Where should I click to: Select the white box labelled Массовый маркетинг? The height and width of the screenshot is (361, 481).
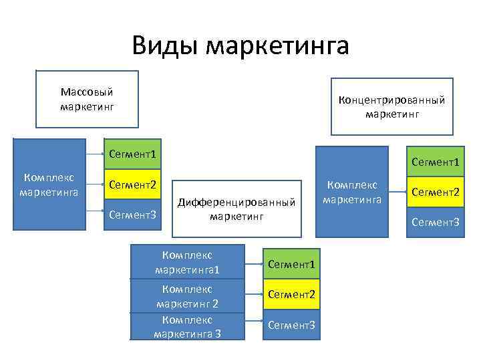[87, 98]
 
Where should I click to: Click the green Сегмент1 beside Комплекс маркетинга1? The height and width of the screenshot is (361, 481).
[291, 264]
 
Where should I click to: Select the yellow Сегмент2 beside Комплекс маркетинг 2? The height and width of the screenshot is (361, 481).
[291, 294]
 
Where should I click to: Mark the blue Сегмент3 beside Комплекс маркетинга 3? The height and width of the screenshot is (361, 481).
[291, 325]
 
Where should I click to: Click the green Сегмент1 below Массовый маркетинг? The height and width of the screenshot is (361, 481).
[132, 154]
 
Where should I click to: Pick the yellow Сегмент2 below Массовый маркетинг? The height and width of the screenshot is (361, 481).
[132, 185]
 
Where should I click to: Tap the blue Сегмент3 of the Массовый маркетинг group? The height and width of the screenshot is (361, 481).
[132, 215]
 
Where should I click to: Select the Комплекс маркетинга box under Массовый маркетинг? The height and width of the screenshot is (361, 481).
[49, 185]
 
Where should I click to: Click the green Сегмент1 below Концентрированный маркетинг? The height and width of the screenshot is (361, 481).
[435, 162]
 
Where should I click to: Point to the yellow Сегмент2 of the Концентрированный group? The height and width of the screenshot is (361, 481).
[435, 192]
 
